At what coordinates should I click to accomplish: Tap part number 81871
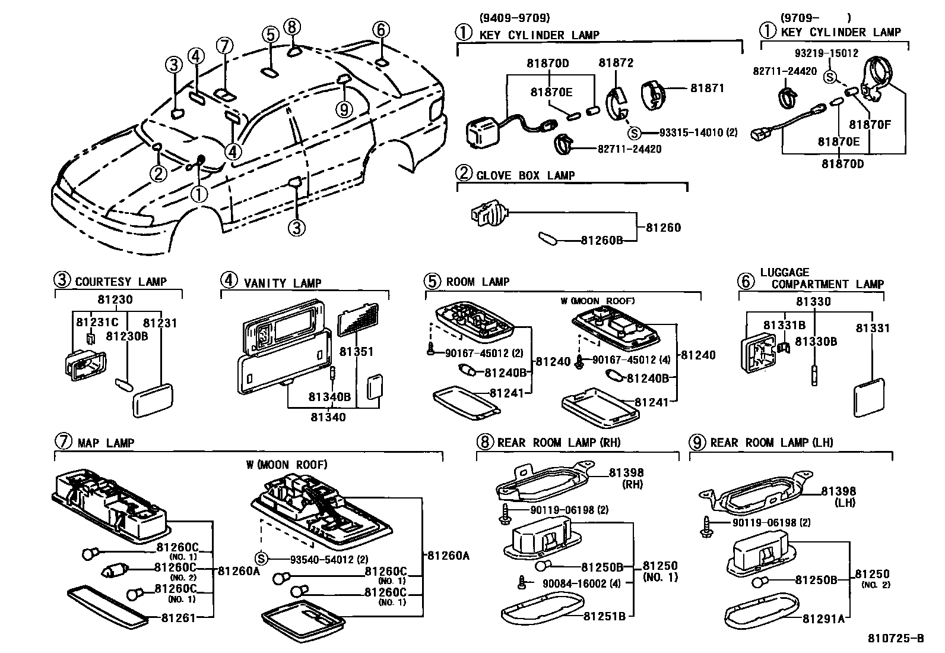(707, 88)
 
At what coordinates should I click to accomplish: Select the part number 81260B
(601, 240)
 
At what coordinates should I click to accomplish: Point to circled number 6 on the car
(381, 30)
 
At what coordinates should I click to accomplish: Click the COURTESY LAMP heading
(120, 282)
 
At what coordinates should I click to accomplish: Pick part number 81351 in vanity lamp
(356, 352)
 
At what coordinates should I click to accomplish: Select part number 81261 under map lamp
(178, 618)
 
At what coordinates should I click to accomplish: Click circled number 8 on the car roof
(292, 27)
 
